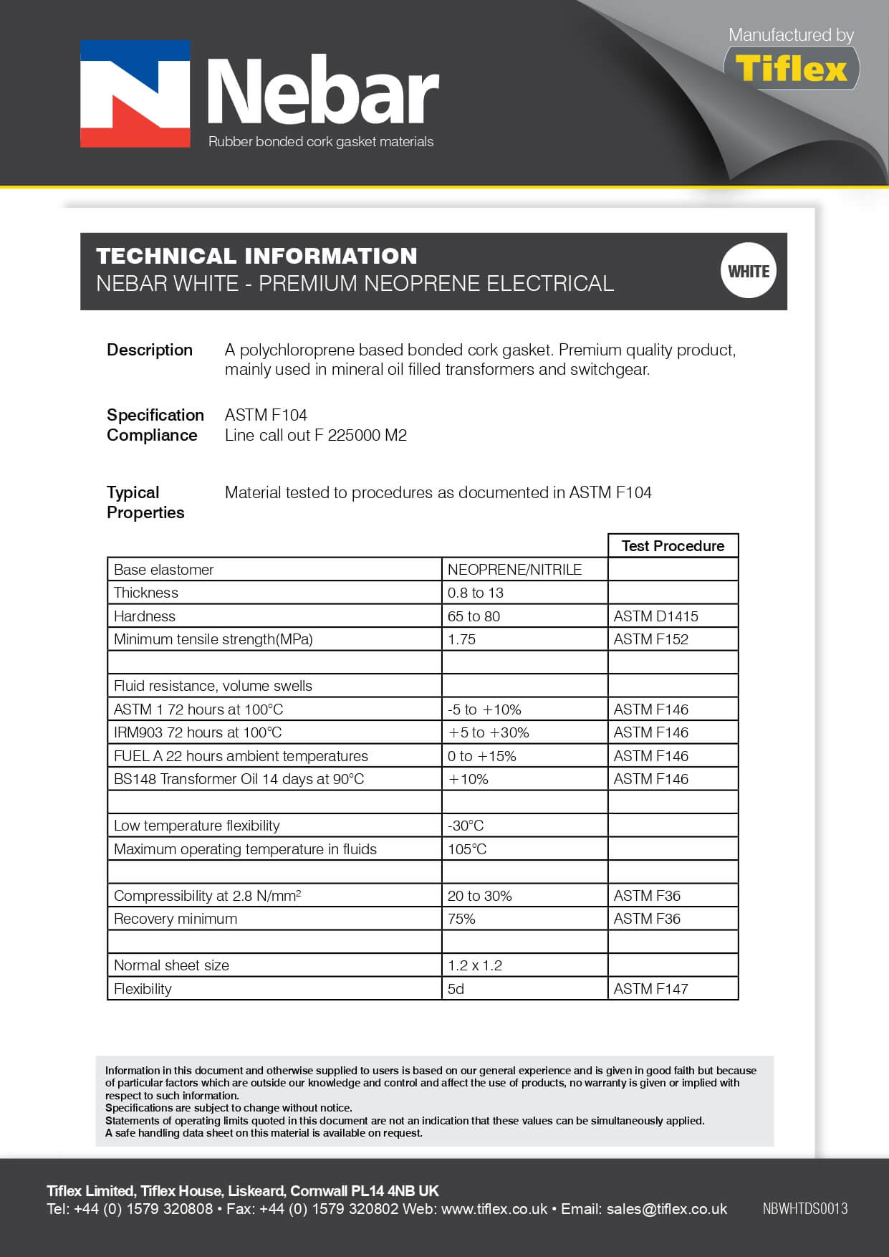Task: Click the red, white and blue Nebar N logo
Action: click(x=135, y=94)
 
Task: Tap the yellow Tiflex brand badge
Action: click(x=791, y=69)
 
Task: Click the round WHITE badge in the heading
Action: click(x=748, y=271)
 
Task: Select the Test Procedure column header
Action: click(x=673, y=546)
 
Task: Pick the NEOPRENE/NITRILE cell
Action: click(x=514, y=570)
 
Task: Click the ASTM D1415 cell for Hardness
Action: click(x=655, y=616)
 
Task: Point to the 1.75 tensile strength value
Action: click(x=461, y=639)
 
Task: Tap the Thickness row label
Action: click(x=146, y=593)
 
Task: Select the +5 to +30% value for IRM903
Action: click(x=489, y=732)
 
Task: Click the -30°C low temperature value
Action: click(x=466, y=826)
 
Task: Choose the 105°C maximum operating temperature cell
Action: click(x=467, y=849)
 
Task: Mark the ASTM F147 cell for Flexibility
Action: click(x=650, y=989)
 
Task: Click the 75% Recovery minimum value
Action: click(x=461, y=919)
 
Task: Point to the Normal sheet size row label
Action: click(x=171, y=965)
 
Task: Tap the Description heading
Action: click(x=150, y=350)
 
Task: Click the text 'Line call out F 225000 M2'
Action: click(x=315, y=435)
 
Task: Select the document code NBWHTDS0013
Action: click(x=804, y=1209)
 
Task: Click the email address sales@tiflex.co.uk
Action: click(x=666, y=1209)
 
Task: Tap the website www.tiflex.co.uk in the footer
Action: click(x=494, y=1209)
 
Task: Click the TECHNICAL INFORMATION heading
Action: click(x=256, y=256)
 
